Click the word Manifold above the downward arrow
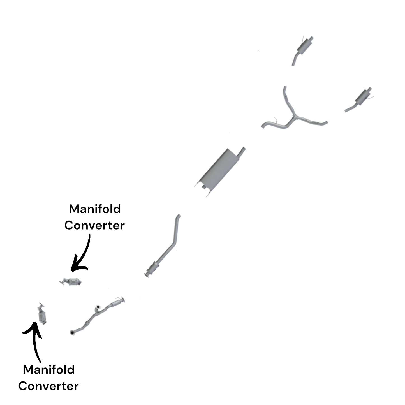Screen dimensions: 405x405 (95, 209)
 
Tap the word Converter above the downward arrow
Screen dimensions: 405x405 (94, 225)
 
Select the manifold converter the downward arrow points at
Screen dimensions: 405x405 (71, 282)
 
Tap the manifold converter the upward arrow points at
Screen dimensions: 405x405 (42, 314)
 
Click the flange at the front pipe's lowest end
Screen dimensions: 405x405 (73, 332)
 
